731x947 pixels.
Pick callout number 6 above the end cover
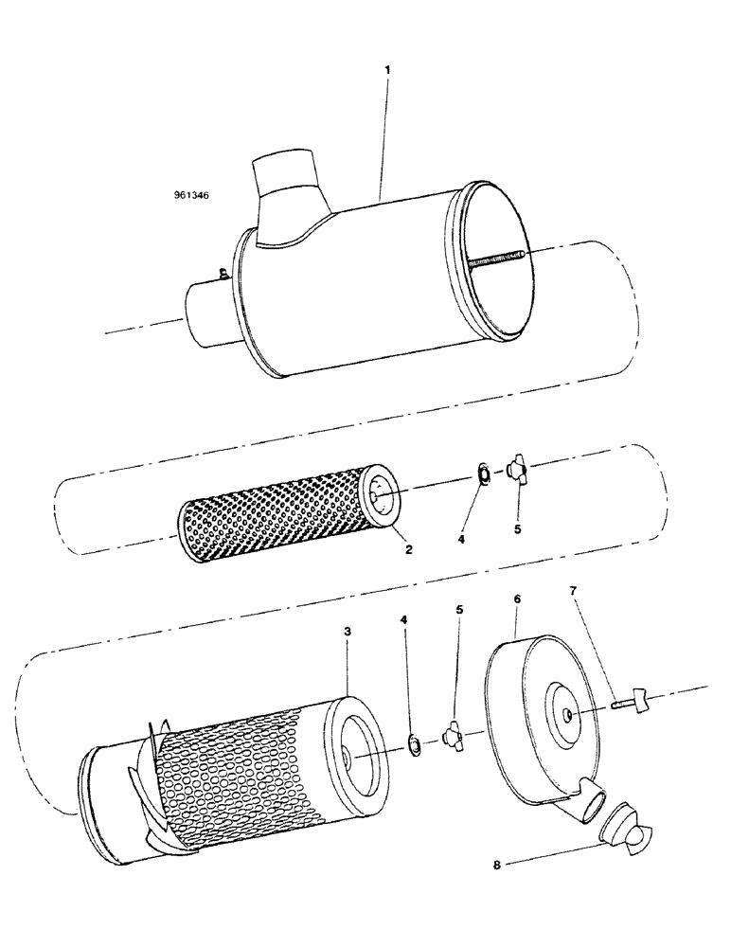516,599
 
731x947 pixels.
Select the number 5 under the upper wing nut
518,528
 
